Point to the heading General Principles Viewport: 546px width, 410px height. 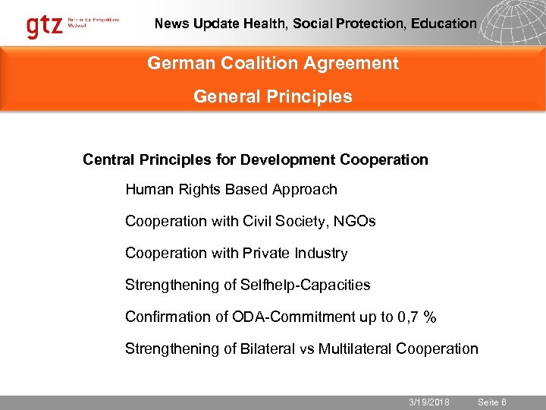[x=273, y=96]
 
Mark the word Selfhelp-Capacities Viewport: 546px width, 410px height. [x=305, y=285]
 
